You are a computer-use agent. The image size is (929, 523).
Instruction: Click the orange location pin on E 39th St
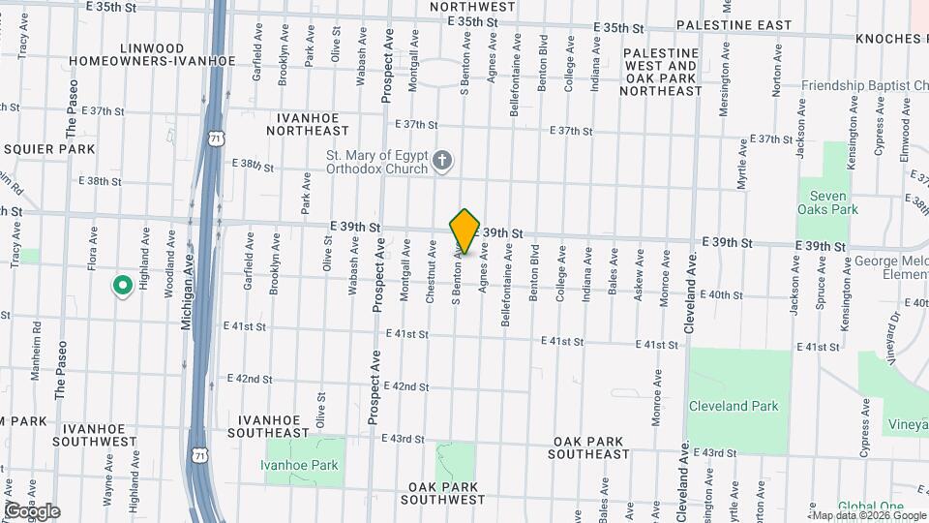coord(464,231)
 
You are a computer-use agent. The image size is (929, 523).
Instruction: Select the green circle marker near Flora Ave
coord(123,286)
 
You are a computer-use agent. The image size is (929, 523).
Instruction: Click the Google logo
coord(32,511)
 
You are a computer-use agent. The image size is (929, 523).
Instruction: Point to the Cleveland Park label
coord(734,407)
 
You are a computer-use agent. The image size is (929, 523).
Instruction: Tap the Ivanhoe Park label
coord(299,465)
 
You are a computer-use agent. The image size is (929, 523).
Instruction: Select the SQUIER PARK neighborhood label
coord(48,149)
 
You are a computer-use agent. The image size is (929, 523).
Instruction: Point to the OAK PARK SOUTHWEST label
coord(446,493)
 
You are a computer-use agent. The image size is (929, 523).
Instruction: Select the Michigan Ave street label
coord(188,300)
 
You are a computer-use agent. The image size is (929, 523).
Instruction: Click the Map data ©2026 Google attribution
coord(867,515)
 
